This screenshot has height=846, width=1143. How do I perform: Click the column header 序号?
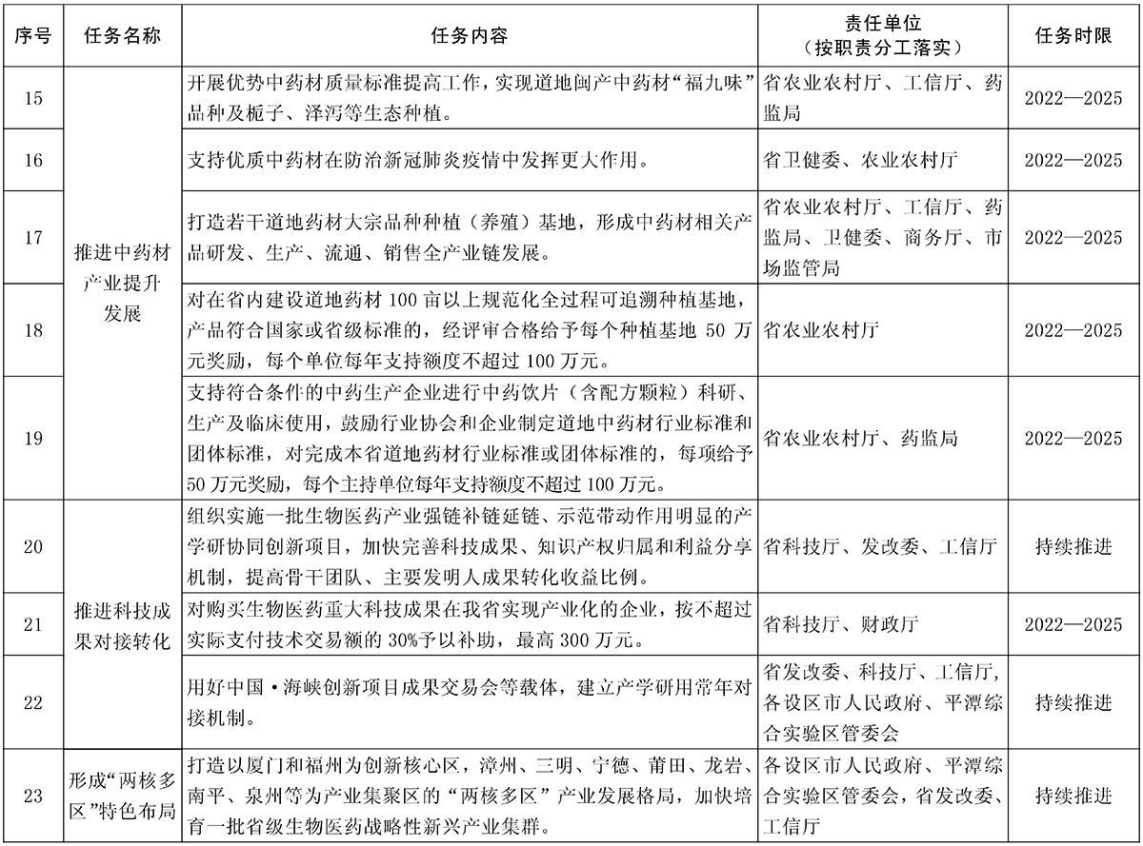pos(32,34)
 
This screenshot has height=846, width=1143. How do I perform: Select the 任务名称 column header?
pos(122,34)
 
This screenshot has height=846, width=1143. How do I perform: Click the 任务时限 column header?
pos(1073,34)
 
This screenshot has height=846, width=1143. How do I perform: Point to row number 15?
pos(32,98)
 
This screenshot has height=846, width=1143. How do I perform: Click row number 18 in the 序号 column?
pos(32,330)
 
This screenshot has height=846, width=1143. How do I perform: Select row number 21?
pos(32,624)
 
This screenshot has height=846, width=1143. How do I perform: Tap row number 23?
pos(32,796)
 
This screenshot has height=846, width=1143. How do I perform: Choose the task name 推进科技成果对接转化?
pos(122,624)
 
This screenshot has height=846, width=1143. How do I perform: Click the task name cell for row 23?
pos(122,796)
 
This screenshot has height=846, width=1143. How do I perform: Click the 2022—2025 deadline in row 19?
pos(1073,439)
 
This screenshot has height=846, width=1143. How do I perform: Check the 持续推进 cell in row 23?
pos(1073,796)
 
